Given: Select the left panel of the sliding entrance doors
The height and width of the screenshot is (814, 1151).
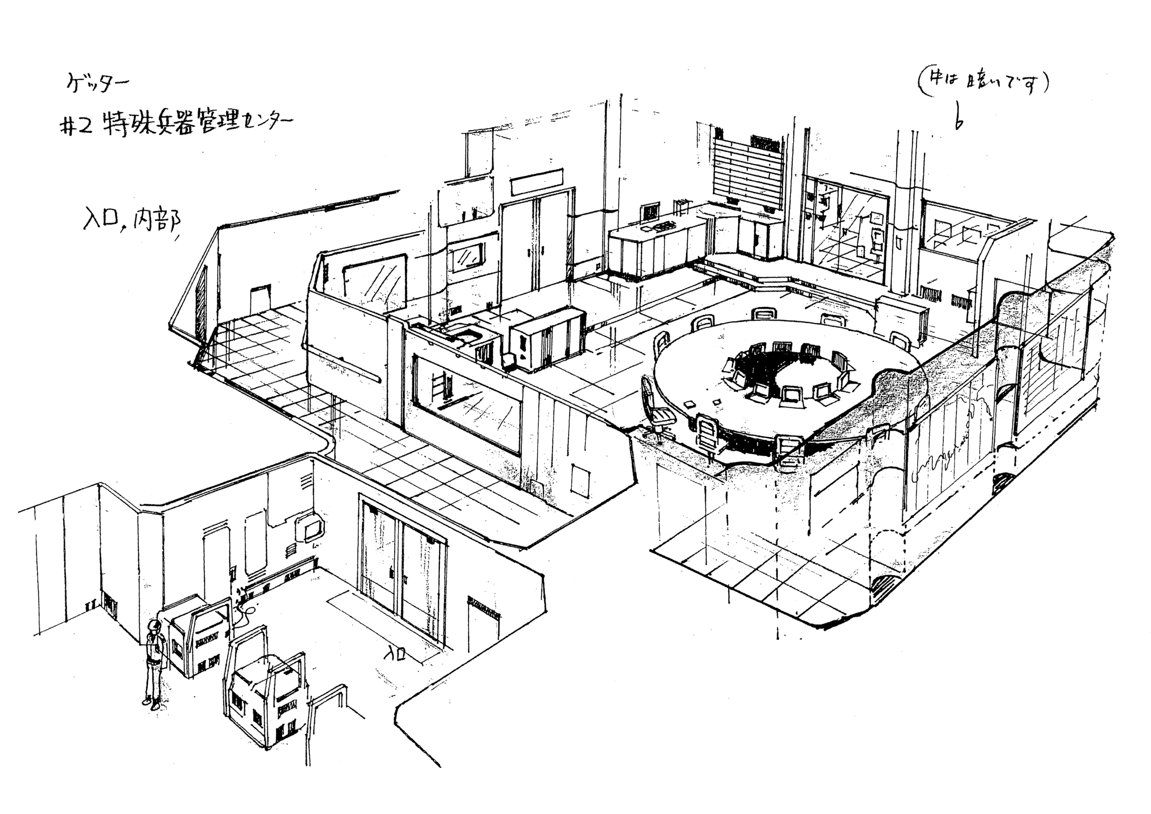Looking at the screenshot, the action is pos(380,554).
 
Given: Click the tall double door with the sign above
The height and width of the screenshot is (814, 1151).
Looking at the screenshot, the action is pos(536,241).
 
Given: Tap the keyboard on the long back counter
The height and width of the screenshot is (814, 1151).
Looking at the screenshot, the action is pos(662,227).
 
